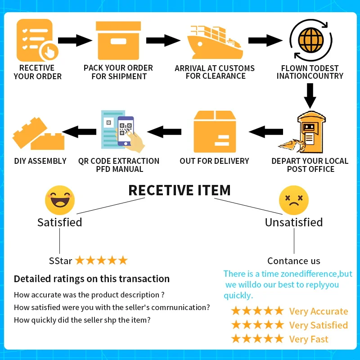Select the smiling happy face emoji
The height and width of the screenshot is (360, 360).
coord(59,200)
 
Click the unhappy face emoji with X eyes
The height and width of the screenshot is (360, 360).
coord(294,200)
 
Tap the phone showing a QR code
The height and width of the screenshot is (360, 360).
coord(126,131)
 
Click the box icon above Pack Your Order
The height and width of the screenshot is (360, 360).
coord(118,40)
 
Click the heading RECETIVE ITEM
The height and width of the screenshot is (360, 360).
coord(180,190)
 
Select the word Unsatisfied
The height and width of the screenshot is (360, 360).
coord(293,222)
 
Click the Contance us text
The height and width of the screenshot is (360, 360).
coord(293,261)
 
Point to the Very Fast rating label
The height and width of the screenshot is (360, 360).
coord(309,339)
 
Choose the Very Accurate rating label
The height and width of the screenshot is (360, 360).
coord(319,311)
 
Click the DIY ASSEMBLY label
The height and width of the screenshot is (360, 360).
coord(40,161)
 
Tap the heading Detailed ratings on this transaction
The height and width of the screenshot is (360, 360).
coord(92,279)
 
